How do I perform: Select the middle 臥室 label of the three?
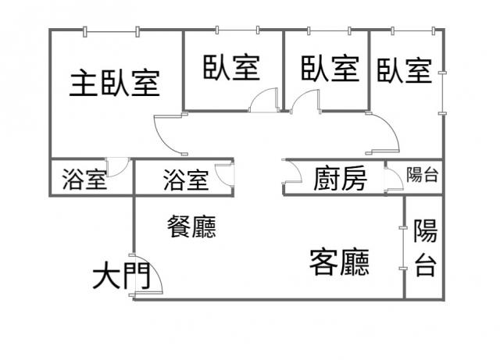tap(330, 68)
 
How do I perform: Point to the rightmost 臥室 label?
tap(404, 71)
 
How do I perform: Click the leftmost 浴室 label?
tap(84, 180)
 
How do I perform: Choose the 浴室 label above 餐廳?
tap(186, 180)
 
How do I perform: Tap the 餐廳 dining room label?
tap(191, 226)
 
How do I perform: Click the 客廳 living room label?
tap(339, 262)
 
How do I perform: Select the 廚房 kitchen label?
tap(340, 180)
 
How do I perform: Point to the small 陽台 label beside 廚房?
tap(422, 175)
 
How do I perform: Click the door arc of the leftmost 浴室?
tap(118, 167)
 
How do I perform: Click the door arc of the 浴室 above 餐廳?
tap(223, 173)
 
